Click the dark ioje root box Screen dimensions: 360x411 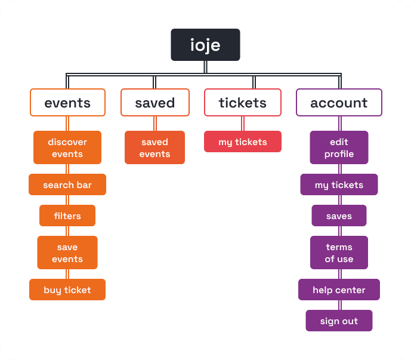pos(205,45)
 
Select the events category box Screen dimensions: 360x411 pos(67,103)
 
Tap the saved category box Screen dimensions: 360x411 pos(154,103)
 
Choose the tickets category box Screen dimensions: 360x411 pos(242,103)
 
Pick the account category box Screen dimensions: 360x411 pos(339,103)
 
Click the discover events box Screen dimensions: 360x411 pos(67,148)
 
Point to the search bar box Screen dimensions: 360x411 pos(67,185)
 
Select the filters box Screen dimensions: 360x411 pos(67,216)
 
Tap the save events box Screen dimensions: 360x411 pos(67,253)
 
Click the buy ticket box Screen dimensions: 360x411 pos(67,290)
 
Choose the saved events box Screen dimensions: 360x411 pos(154,148)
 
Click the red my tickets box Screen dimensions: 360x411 pos(242,142)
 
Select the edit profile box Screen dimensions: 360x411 pos(339,148)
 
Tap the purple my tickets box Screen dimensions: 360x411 pos(339,185)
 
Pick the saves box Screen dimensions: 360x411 pos(339,216)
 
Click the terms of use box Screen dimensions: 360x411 pos(339,253)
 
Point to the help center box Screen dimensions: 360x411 pos(339,290)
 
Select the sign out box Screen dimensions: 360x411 pos(339,321)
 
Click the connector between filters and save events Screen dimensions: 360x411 pos(67,231)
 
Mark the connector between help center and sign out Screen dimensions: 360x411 pos(339,305)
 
